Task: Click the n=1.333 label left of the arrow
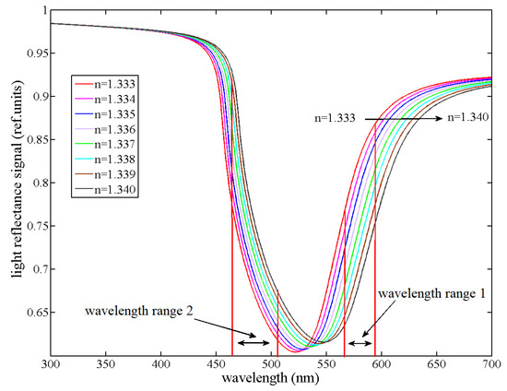(x=338, y=118)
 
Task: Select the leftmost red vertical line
(x=231, y=277)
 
